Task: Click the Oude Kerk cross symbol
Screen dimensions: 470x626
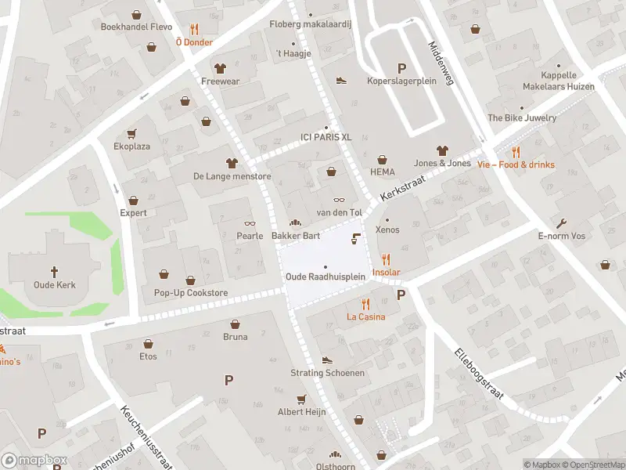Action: click(x=55, y=272)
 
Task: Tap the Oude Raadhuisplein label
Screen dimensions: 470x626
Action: click(x=326, y=277)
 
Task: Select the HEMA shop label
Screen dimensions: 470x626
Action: click(x=382, y=172)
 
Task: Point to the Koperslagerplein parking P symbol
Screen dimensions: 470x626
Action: click(x=401, y=68)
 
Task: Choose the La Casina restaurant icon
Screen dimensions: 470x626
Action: click(x=365, y=304)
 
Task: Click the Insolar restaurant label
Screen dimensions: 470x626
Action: click(x=386, y=272)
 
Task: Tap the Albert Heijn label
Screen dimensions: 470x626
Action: click(x=302, y=412)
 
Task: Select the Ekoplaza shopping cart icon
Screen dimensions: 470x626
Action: click(x=131, y=133)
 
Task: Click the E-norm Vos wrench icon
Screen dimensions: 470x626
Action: click(x=562, y=222)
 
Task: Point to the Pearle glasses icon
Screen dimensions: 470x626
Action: click(x=250, y=223)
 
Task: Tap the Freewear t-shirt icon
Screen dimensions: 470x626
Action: click(x=219, y=68)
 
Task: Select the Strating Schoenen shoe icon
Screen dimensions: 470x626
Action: click(x=327, y=360)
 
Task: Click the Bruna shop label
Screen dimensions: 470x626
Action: click(x=235, y=337)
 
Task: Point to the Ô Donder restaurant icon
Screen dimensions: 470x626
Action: click(x=193, y=29)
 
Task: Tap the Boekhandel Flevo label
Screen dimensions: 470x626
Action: click(x=136, y=26)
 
